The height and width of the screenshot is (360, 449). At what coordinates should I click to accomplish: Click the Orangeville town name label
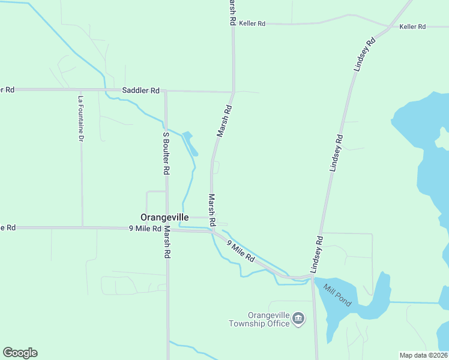click(164, 217)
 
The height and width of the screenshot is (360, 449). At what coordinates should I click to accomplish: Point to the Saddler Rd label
click(140, 90)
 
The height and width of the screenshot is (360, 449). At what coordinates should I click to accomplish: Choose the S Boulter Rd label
click(166, 153)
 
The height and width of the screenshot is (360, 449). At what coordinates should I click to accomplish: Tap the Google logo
click(20, 353)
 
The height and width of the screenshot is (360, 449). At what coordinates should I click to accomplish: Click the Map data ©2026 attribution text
click(423, 355)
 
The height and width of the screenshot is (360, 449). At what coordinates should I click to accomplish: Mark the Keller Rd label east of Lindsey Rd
click(412, 27)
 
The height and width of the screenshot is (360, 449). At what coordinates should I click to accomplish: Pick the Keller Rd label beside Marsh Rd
click(252, 23)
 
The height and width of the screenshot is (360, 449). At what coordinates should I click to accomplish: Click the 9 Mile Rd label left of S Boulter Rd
click(145, 229)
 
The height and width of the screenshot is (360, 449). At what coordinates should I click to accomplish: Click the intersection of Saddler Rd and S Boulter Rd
click(166, 91)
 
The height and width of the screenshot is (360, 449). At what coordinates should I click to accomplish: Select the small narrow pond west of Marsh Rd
click(189, 142)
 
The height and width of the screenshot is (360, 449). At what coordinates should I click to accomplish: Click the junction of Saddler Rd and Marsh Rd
click(233, 92)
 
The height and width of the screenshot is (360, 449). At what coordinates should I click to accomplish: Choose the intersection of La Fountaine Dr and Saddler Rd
click(80, 90)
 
